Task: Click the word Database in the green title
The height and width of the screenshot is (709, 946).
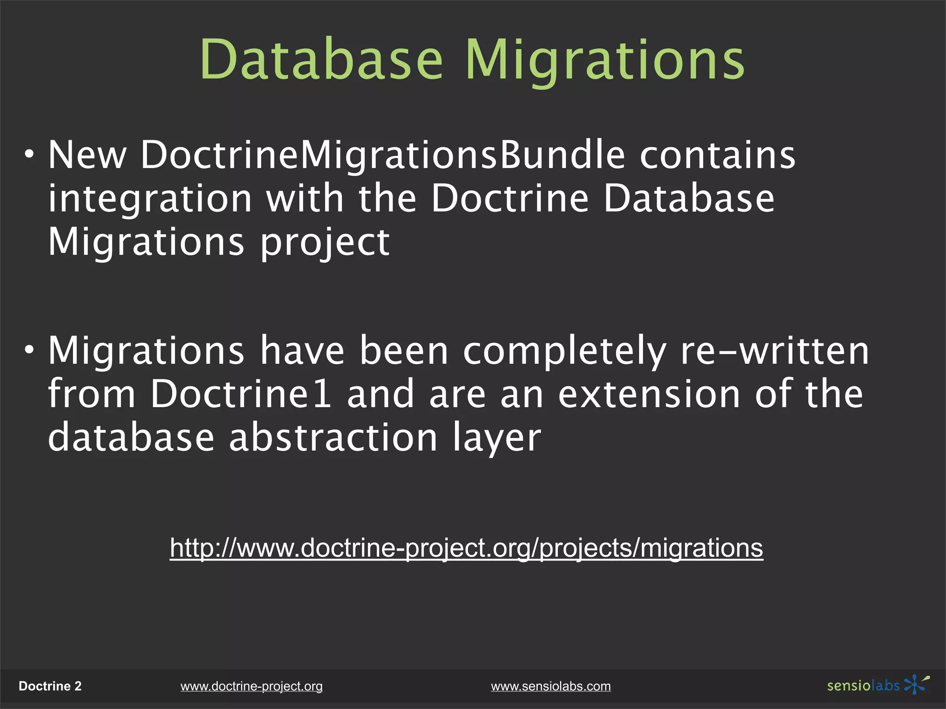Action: click(x=321, y=60)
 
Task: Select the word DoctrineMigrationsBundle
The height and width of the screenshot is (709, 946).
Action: click(x=382, y=155)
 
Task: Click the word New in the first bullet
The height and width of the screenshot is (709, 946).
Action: click(x=87, y=155)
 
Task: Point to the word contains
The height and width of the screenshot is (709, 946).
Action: click(x=717, y=155)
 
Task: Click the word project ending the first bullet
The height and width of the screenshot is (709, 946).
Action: click(x=325, y=243)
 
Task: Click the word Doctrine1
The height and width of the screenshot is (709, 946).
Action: click(x=241, y=394)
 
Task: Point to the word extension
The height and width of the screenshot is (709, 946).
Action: click(x=649, y=394)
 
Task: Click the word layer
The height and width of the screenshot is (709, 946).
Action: click(x=497, y=439)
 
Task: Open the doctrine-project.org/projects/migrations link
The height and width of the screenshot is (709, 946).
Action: click(x=466, y=548)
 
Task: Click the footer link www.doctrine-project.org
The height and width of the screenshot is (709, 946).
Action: click(x=251, y=686)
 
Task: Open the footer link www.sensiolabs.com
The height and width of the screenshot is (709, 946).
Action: click(x=551, y=686)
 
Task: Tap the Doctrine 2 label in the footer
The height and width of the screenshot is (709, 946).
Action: click(x=50, y=686)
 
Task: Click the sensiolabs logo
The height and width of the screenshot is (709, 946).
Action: click(x=878, y=685)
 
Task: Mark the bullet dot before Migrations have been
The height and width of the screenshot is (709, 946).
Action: click(x=30, y=350)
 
